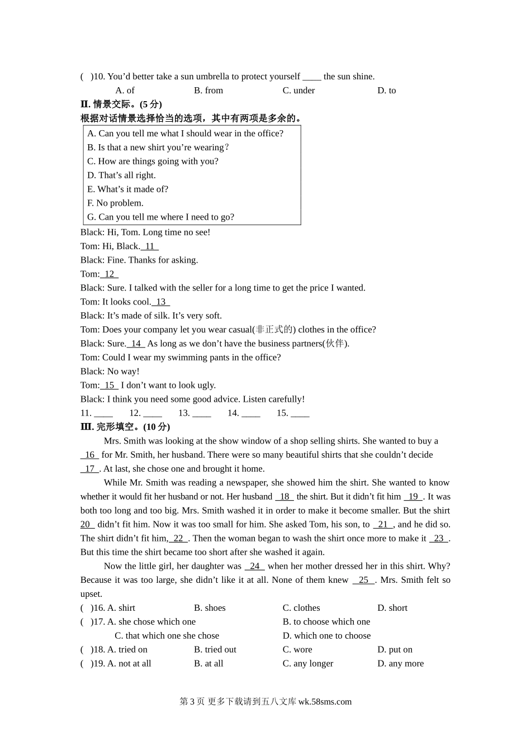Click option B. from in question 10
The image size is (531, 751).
208,91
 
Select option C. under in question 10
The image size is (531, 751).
298,91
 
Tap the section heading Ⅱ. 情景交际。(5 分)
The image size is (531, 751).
121,104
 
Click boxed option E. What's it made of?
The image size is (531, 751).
127,189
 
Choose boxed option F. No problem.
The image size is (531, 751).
115,203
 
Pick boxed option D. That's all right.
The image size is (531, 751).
121,175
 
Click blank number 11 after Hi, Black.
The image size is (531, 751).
150,246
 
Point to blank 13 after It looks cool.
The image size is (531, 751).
161,302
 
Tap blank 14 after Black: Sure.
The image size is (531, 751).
136,344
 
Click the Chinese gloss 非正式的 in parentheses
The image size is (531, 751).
274,330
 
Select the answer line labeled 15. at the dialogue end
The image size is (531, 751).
293,413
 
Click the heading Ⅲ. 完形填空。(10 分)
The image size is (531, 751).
125,427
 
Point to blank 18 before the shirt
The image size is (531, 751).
285,497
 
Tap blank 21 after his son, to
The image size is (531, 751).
383,525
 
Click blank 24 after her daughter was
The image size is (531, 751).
255,567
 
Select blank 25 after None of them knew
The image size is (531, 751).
364,581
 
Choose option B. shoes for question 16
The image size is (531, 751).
210,608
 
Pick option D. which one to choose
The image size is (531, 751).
326,636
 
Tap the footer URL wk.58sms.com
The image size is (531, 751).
325,702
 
